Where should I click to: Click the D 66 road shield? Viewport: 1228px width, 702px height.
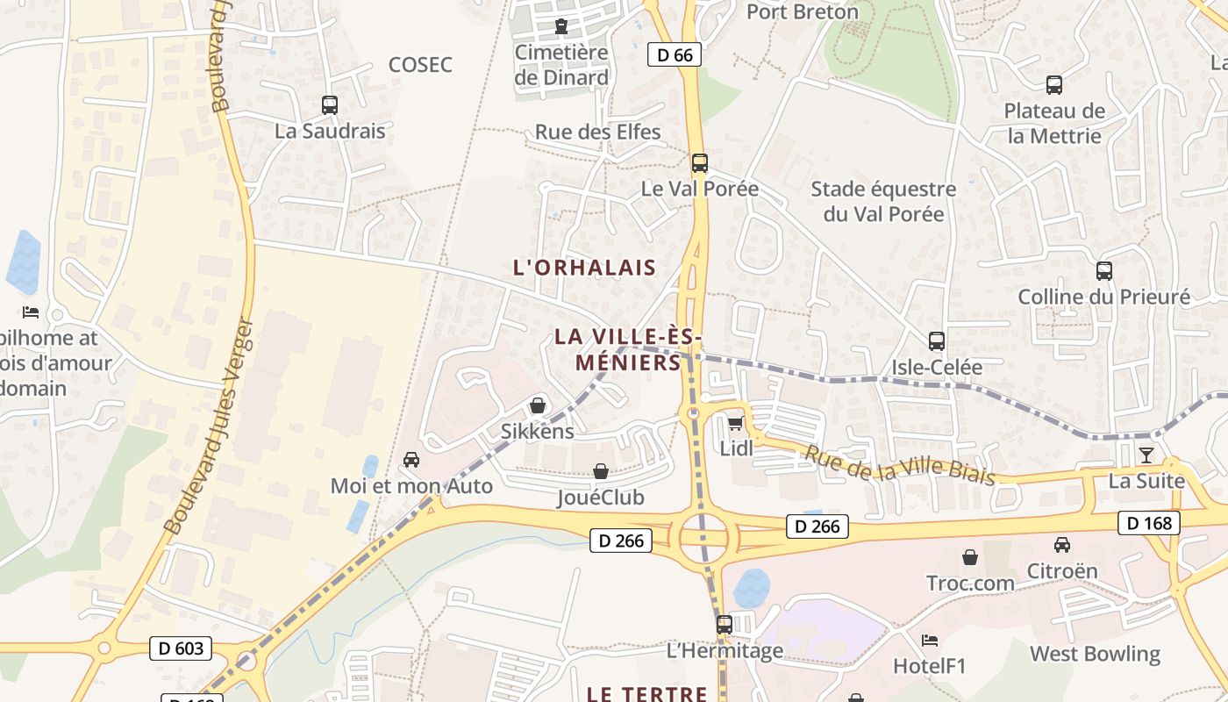(675, 54)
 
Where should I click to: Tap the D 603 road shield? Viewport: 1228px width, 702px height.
(182, 648)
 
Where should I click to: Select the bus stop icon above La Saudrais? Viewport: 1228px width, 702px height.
(330, 105)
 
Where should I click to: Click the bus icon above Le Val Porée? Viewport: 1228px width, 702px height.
(699, 163)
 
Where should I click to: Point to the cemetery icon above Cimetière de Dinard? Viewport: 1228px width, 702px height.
(561, 26)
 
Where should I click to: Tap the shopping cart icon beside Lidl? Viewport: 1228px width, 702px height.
(735, 424)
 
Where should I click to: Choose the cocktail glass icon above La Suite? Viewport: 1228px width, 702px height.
(1146, 455)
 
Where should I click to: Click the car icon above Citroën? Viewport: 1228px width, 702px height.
(1062, 544)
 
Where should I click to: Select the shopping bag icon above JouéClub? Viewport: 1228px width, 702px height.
(601, 472)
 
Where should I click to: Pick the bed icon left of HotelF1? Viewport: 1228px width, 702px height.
(930, 641)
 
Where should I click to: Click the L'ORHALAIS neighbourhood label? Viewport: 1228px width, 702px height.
(585, 268)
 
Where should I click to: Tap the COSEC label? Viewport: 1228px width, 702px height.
(420, 64)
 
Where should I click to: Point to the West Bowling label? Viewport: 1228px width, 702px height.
(1095, 654)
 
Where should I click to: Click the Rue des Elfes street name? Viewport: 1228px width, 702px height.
(598, 133)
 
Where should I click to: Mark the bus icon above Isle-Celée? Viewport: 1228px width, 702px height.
(937, 341)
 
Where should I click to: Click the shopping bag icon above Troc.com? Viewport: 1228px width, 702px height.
(970, 557)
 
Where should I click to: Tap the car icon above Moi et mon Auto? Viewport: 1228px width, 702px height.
(411, 460)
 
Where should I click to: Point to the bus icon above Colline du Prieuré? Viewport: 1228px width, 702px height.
(1103, 271)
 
